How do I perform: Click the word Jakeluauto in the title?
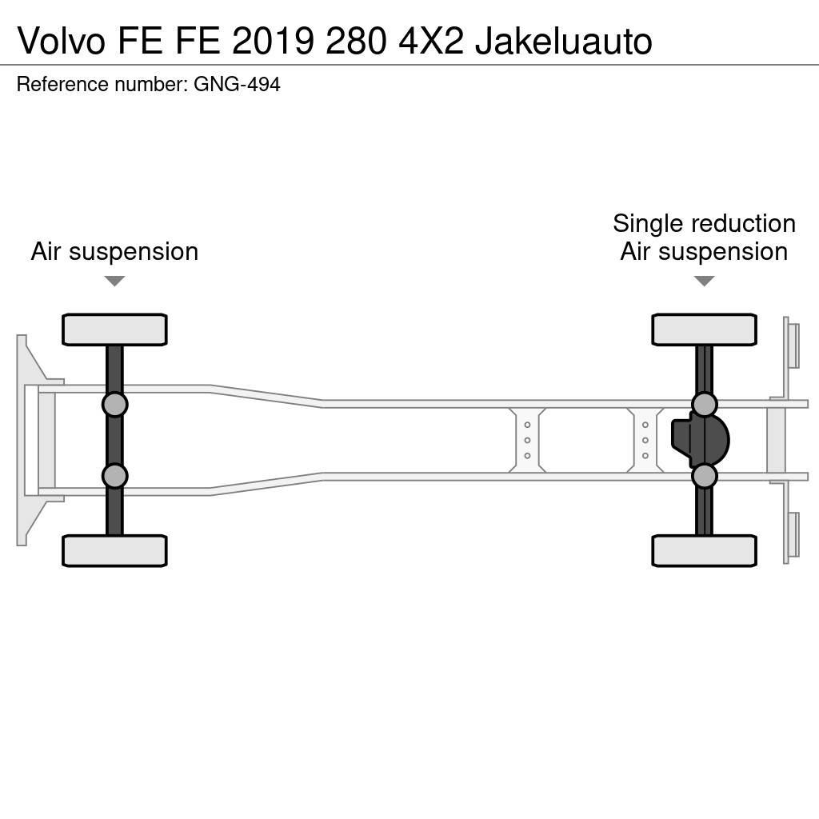click(563, 42)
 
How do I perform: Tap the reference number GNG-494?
click(237, 84)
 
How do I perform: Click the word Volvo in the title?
click(61, 42)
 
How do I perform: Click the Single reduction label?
click(704, 223)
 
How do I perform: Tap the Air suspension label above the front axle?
click(114, 251)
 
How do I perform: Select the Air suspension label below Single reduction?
click(704, 251)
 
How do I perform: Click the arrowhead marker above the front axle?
click(114, 281)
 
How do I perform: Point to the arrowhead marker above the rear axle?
click(704, 281)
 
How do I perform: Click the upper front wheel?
click(114, 330)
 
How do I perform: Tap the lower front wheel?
click(114, 550)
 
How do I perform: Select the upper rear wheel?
click(704, 330)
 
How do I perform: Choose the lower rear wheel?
click(704, 550)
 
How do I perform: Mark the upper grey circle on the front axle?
click(114, 404)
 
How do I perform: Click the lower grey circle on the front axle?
click(114, 476)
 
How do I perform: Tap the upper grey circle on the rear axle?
click(704, 404)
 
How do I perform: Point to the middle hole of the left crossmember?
click(527, 440)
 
